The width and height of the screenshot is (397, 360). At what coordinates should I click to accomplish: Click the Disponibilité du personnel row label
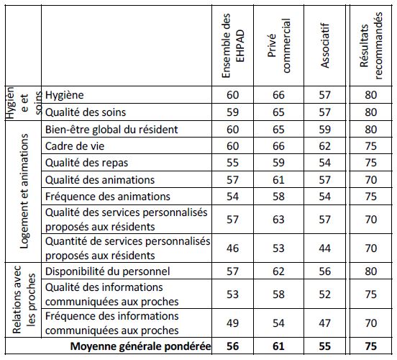[107, 271]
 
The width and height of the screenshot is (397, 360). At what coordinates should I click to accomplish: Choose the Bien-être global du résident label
[111, 130]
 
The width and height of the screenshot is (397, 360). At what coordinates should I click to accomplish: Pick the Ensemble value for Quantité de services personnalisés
[232, 248]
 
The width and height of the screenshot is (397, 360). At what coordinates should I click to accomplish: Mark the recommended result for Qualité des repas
[371, 163]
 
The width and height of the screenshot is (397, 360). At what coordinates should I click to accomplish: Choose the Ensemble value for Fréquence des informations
[232, 323]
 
